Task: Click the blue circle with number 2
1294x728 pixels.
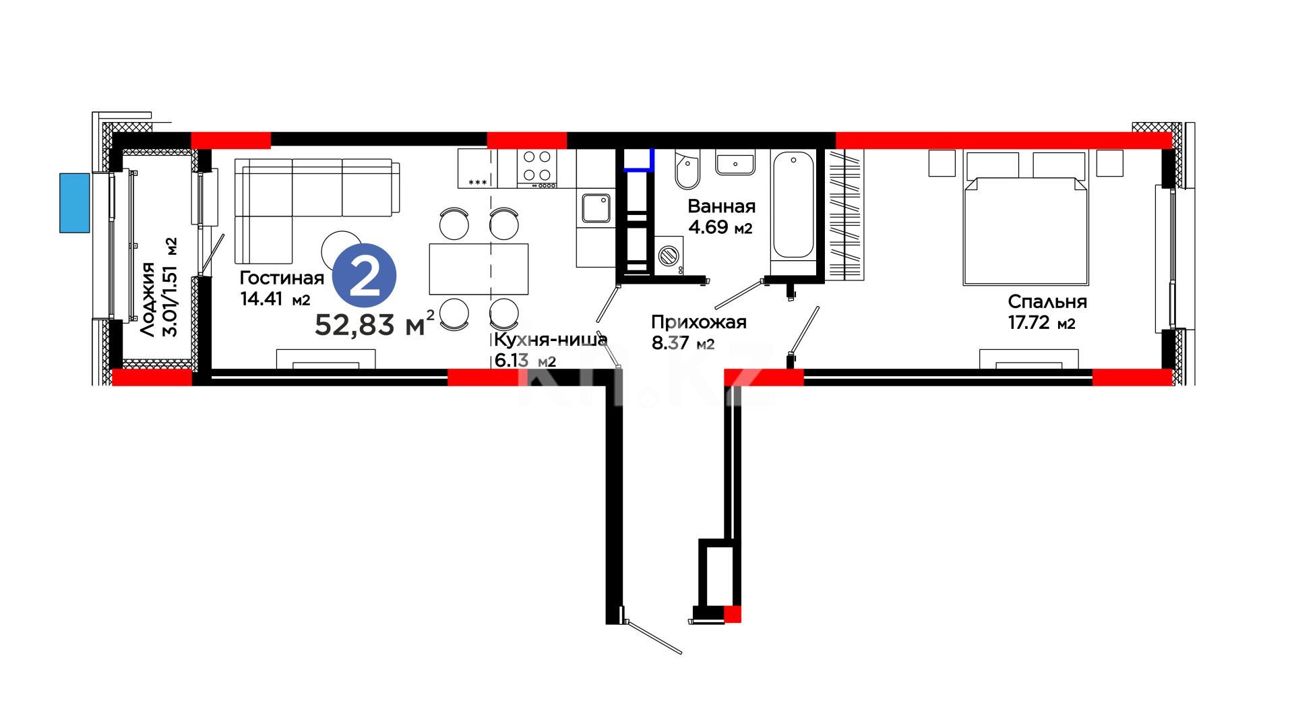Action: [x=365, y=276]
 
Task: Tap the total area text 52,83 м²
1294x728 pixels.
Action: [x=375, y=324]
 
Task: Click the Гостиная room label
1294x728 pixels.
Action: [x=282, y=278]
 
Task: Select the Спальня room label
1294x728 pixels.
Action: [x=1047, y=303]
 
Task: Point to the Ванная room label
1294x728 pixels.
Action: [x=722, y=206]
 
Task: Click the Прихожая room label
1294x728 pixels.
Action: [x=699, y=322]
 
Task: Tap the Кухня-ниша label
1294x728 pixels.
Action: [x=551, y=339]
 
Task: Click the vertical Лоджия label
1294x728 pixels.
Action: [x=148, y=299]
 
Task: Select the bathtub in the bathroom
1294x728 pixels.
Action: [x=794, y=205]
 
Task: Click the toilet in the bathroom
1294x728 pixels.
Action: [x=687, y=169]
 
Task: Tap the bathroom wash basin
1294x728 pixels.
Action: [x=735, y=162]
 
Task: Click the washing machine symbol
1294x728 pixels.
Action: [x=669, y=255]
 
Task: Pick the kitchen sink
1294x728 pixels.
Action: [x=596, y=208]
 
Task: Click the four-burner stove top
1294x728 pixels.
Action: [x=537, y=168]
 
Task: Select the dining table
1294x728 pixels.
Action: [x=479, y=269]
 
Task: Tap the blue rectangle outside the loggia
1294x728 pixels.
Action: [x=75, y=203]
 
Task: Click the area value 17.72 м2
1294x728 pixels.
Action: [x=1041, y=323]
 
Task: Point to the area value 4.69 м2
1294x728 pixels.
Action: [x=720, y=227]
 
